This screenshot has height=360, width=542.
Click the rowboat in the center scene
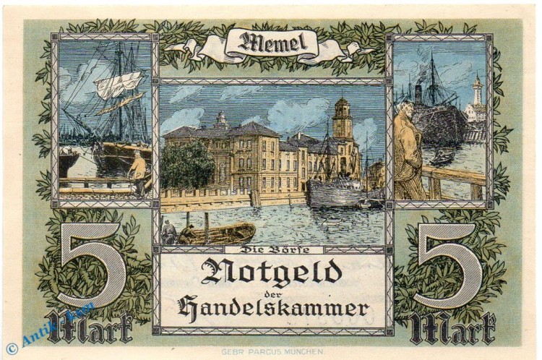pyautogui.click(x=217, y=232)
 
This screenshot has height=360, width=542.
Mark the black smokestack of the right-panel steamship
pyautogui.click(x=418, y=93)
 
